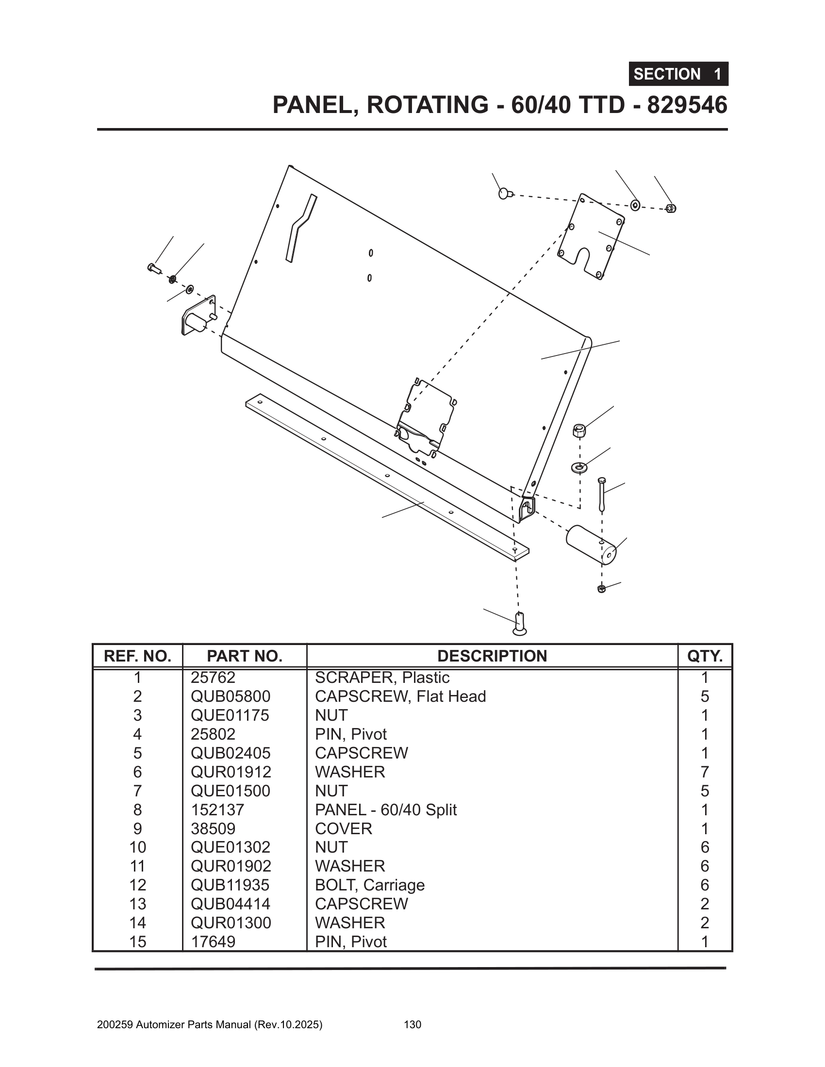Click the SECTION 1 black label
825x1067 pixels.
click(x=678, y=74)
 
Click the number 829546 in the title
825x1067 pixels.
click(x=687, y=105)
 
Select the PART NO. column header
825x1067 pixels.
click(x=245, y=656)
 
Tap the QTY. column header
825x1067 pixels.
click(x=704, y=656)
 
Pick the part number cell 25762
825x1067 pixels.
click(x=213, y=678)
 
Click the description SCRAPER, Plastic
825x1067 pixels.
click(x=382, y=678)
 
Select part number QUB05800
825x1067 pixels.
click(x=230, y=696)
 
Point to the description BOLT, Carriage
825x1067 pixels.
click(x=369, y=885)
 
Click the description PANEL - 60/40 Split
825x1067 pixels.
click(x=386, y=809)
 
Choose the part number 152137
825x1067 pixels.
click(x=217, y=809)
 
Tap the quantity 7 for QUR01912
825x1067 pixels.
click(x=704, y=772)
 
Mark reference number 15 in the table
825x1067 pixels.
click(x=137, y=941)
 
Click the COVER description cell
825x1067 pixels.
click(x=344, y=828)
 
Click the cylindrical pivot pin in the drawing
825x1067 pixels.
click(x=591, y=544)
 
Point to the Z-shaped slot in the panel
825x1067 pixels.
click(x=300, y=227)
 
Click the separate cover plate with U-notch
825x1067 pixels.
click(x=591, y=236)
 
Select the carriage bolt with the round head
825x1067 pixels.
click(x=504, y=194)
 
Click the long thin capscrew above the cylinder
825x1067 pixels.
click(x=601, y=494)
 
